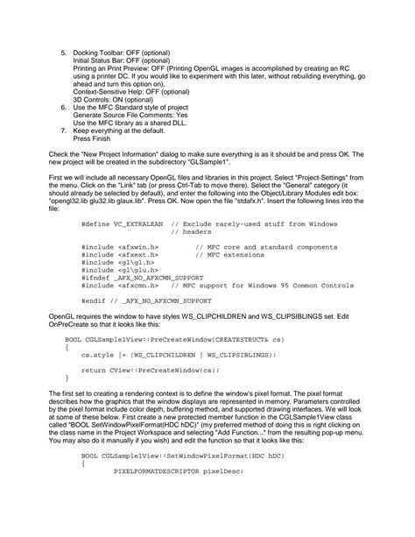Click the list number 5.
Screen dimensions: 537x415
click(63, 53)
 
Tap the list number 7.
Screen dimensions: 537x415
click(63, 130)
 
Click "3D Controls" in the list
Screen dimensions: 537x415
click(94, 99)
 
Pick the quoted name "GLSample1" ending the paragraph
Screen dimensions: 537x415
click(260, 161)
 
